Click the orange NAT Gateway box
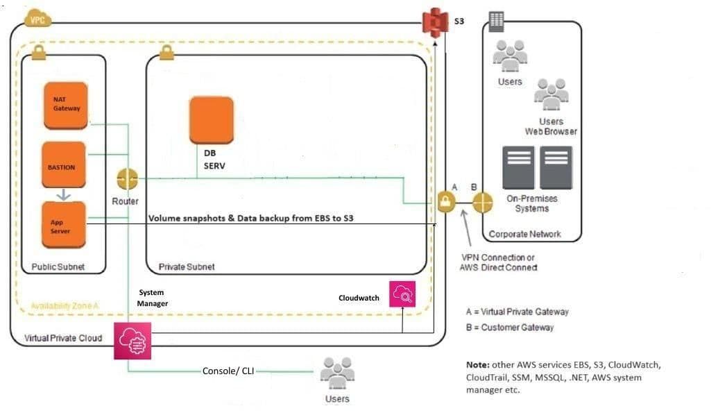point(66,105)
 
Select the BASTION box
point(63,165)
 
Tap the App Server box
point(63,225)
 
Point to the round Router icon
point(127,180)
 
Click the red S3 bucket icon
point(435,23)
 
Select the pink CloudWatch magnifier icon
point(404,294)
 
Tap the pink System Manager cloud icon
point(132,341)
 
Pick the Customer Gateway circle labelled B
point(482,203)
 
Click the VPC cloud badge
point(37,20)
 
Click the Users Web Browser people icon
point(552,94)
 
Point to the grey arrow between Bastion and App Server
point(63,195)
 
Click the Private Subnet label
point(187,267)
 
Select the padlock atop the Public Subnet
point(38,53)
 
